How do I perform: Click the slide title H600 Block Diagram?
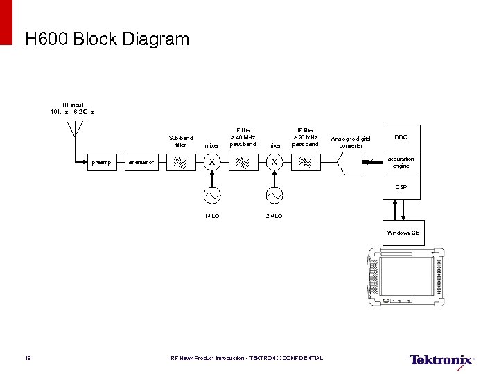pos(107,39)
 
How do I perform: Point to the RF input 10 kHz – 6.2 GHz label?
pos(73,107)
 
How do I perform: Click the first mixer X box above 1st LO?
pos(212,163)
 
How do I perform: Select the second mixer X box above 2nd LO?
pos(274,163)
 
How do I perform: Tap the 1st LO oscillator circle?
pos(212,196)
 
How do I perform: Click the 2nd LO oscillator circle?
pos(274,196)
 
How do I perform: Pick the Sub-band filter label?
pos(181,141)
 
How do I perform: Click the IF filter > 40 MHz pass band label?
pos(243,137)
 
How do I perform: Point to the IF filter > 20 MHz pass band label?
pos(305,137)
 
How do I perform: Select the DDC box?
pos(401,137)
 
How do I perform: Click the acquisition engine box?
pos(401,163)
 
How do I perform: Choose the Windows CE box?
pos(403,233)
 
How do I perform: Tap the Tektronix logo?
pos(441,359)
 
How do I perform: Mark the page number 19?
pos(26,358)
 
